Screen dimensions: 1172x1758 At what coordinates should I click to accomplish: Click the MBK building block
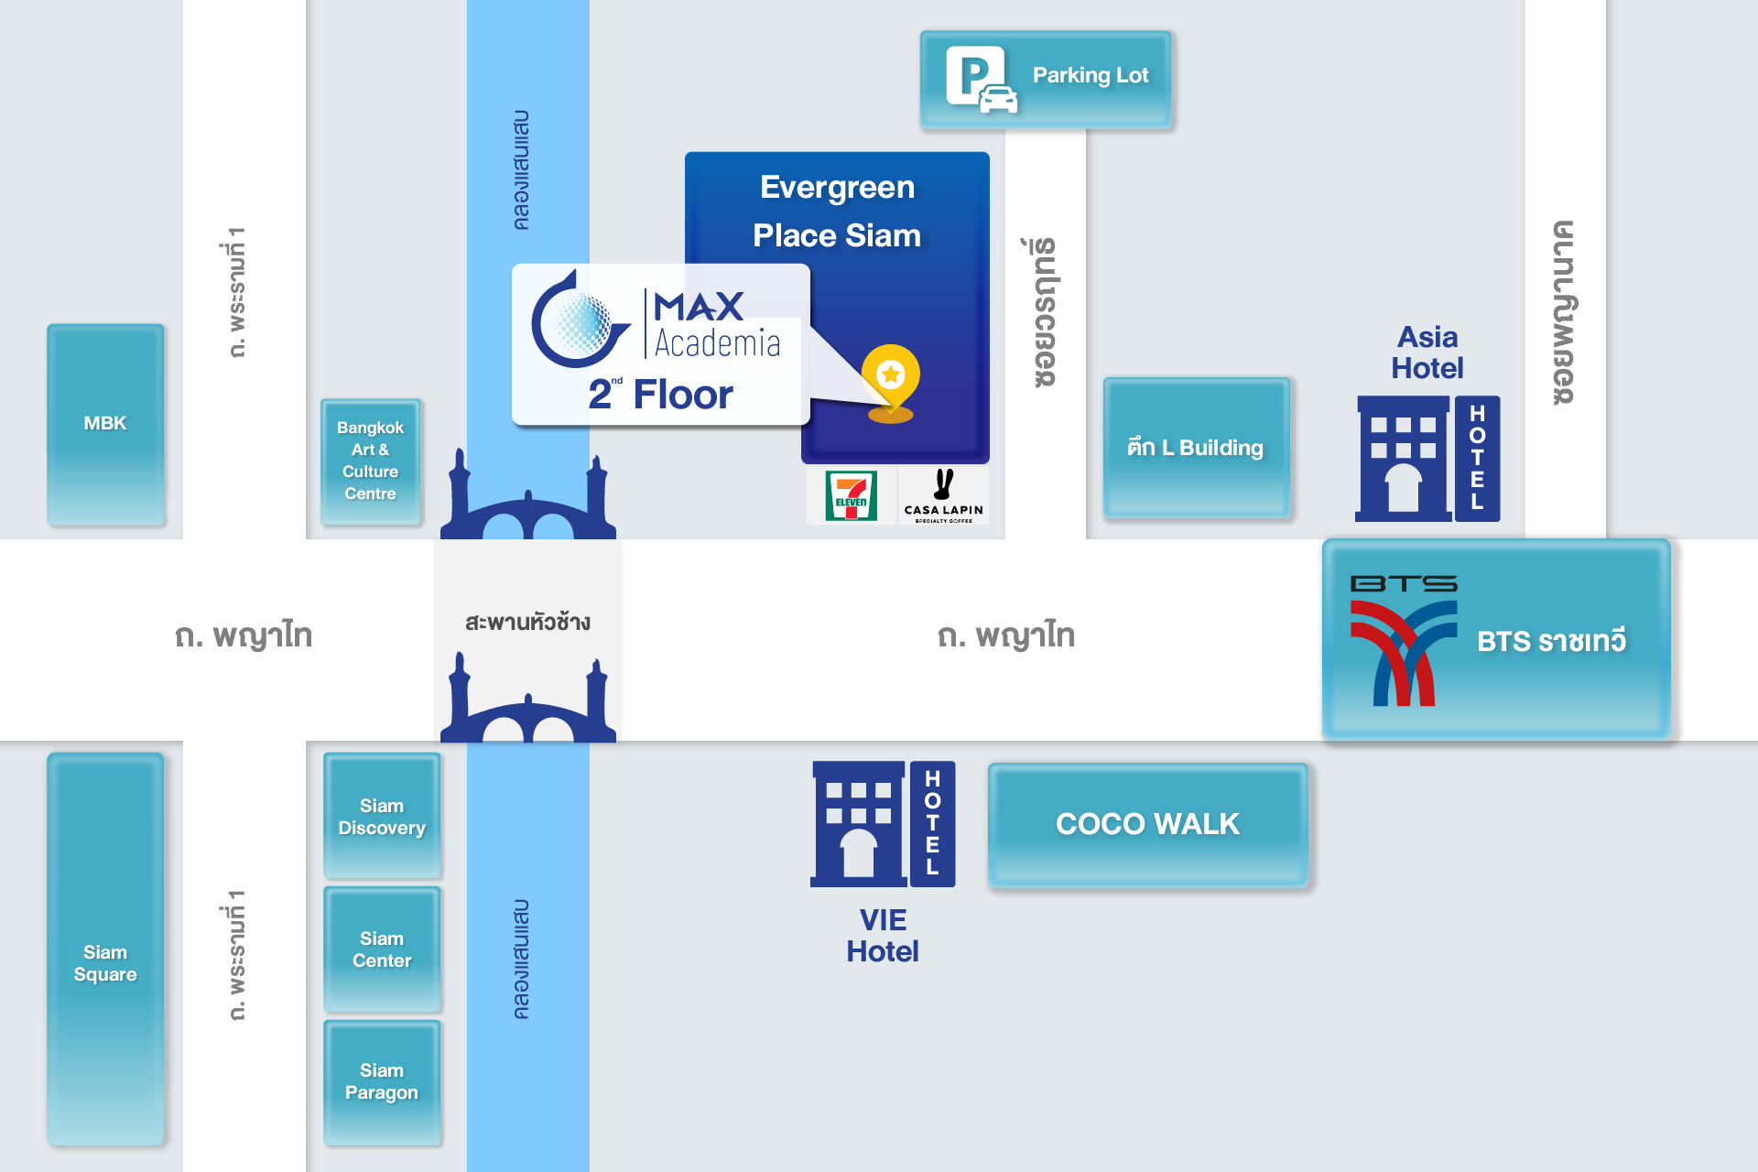click(105, 424)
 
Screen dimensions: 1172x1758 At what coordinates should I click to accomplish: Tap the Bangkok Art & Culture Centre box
click(371, 461)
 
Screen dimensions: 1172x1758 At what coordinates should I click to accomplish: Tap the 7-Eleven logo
click(851, 495)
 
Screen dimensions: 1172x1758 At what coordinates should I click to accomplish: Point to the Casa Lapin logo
click(943, 496)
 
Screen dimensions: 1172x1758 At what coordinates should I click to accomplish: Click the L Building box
click(1196, 447)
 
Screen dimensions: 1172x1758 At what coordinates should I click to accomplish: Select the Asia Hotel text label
click(1427, 353)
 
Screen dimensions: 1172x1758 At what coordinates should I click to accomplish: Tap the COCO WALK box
click(1147, 824)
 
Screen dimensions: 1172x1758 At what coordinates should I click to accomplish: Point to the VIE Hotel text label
click(883, 936)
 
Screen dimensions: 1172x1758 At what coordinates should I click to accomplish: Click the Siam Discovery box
click(382, 816)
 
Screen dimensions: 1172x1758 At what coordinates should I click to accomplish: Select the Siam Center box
click(382, 950)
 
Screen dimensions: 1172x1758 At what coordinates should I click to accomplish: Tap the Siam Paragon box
click(382, 1081)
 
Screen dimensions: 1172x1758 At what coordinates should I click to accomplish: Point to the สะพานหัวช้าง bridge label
click(527, 623)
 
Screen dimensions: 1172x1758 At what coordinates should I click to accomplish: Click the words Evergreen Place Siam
click(837, 212)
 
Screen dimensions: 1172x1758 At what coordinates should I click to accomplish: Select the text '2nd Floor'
click(660, 395)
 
